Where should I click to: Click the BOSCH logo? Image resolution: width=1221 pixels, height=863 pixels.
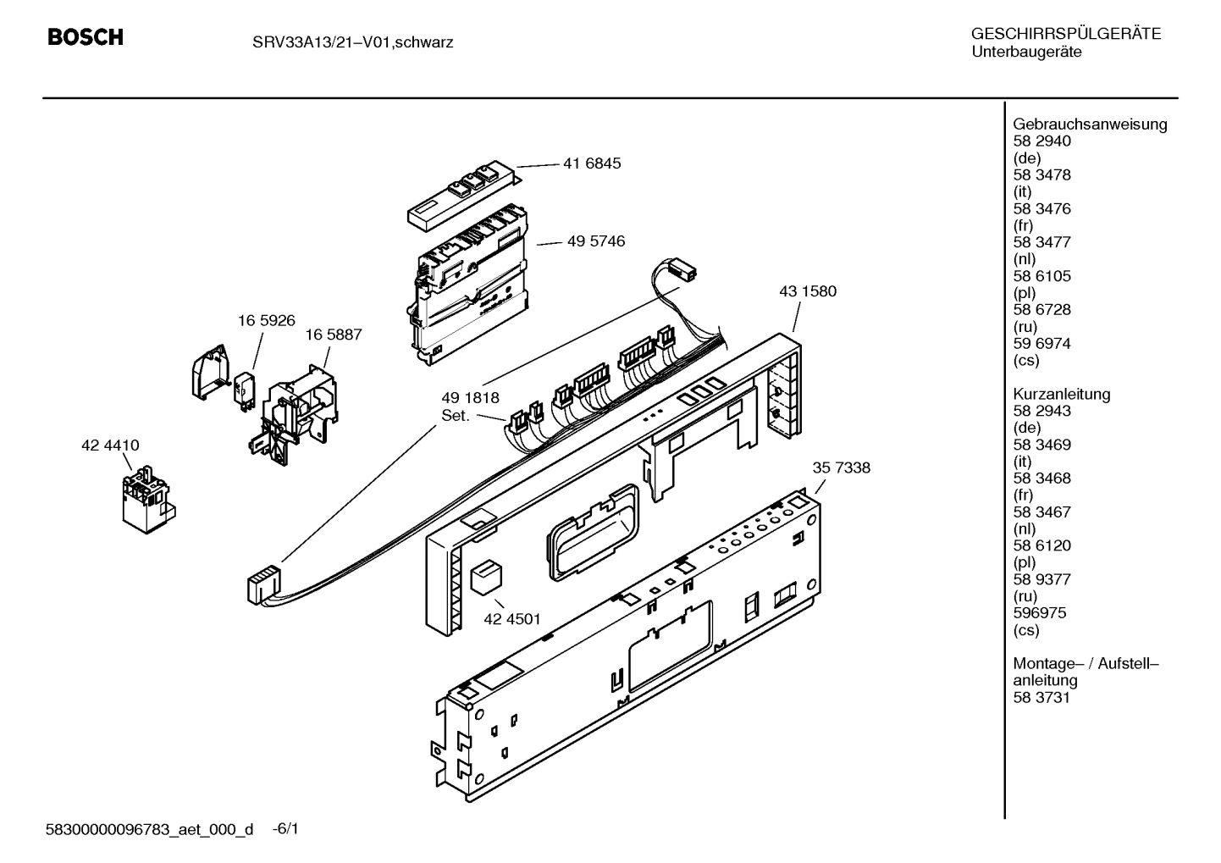click(86, 37)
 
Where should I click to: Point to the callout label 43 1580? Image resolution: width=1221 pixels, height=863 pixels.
click(807, 291)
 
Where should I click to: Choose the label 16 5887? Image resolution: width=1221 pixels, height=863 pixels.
click(333, 335)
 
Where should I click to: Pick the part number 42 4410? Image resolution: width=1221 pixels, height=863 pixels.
click(110, 445)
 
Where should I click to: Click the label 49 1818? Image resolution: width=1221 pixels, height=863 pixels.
click(470, 398)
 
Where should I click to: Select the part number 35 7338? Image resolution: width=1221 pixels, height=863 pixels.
click(841, 467)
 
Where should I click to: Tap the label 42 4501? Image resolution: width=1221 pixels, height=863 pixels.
click(511, 619)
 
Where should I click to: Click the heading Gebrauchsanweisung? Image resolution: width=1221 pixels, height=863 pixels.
click(1090, 124)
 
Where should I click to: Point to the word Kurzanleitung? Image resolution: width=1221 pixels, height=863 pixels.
click(1061, 394)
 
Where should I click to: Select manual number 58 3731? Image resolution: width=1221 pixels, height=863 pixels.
click(1041, 698)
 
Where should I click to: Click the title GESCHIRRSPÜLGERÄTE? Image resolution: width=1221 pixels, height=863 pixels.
click(1065, 35)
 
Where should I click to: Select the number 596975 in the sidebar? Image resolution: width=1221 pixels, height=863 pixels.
click(1039, 613)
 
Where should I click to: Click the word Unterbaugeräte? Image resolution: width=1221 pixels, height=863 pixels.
click(1025, 53)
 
